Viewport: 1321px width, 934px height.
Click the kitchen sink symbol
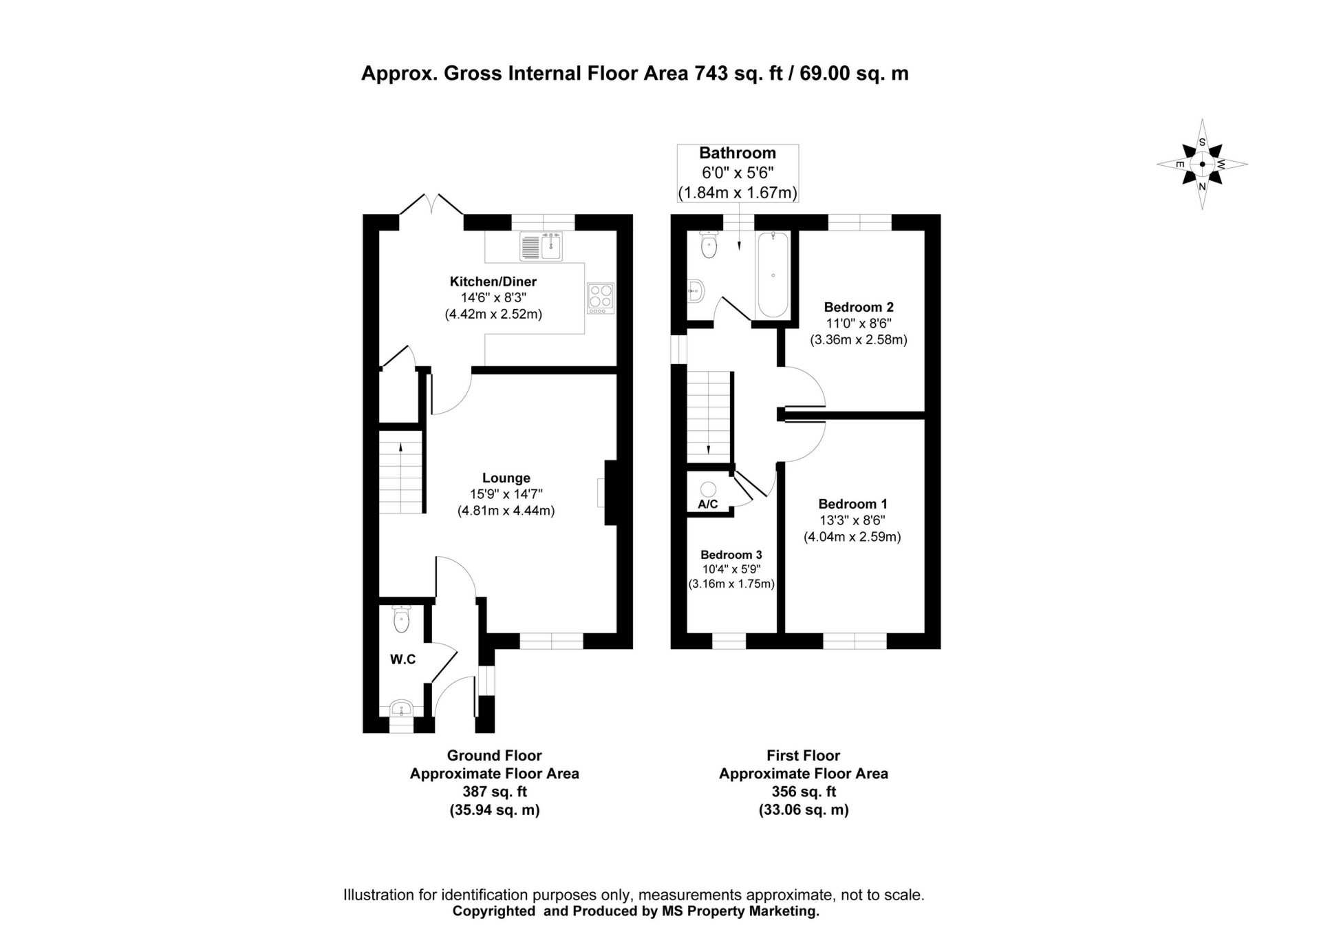point(541,246)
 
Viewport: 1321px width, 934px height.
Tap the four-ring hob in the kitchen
point(601,298)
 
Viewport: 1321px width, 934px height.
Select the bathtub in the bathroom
point(773,275)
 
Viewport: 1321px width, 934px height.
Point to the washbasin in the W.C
point(400,708)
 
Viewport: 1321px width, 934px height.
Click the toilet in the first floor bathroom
point(709,244)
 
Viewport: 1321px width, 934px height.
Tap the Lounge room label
point(506,478)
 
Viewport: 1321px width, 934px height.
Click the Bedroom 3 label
point(731,555)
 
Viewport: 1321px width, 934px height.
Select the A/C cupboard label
point(708,505)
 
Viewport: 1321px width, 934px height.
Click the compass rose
point(1202,164)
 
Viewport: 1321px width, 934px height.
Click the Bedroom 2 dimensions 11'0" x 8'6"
point(858,323)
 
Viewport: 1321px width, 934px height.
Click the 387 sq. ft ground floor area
point(494,792)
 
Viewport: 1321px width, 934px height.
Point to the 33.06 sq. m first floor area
point(803,810)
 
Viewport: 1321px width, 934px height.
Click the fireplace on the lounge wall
point(608,493)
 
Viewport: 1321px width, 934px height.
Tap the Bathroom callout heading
point(737,153)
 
